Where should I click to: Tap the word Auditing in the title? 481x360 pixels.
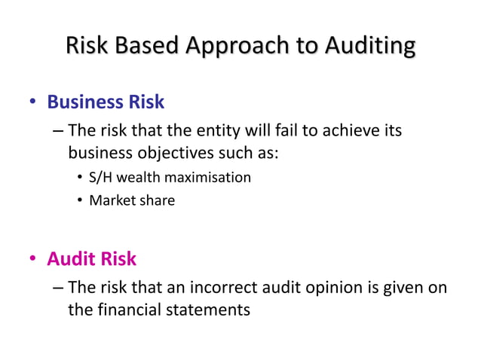tap(369, 47)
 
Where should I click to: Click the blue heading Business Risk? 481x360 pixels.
tap(106, 101)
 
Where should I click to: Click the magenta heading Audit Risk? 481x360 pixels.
tap(92, 259)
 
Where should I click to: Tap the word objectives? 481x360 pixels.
tap(170, 153)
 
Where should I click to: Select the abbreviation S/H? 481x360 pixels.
tap(100, 178)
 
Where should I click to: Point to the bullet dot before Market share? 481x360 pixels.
tap(80, 201)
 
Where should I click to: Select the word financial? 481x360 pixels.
tap(128, 308)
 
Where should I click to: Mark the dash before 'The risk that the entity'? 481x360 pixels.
tap(58, 132)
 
